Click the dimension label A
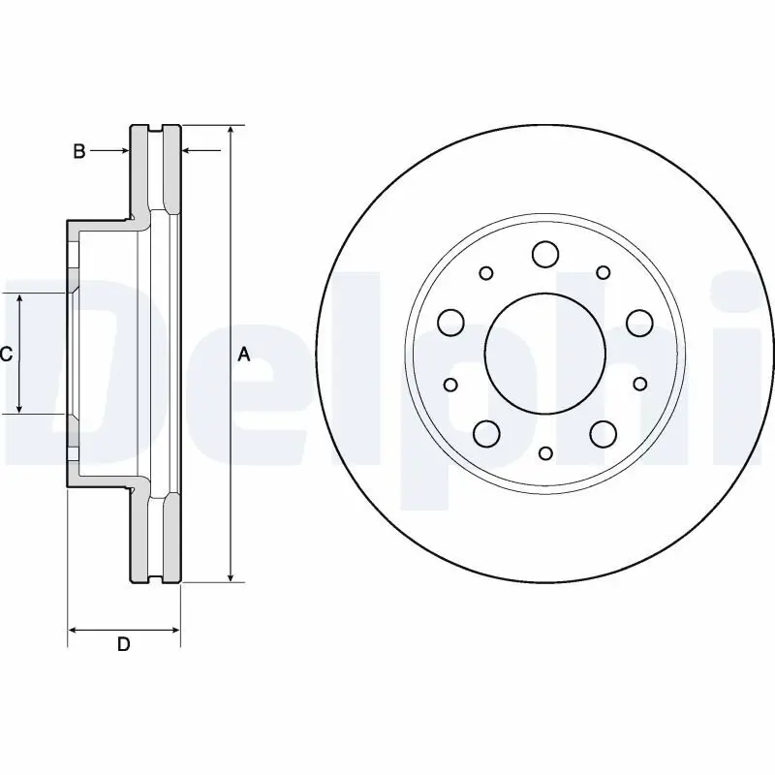pos(244,356)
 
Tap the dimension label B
pos(80,151)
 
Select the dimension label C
pos(6,355)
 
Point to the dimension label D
pos(123,645)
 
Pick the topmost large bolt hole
pos(545,255)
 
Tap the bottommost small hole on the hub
pos(545,452)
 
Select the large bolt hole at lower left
pos(486,432)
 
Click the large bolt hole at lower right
pos(604,432)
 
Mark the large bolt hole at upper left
pos(450,321)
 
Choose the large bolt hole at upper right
pos(639,321)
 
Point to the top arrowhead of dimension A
pos(231,131)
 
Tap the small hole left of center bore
pos(450,386)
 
